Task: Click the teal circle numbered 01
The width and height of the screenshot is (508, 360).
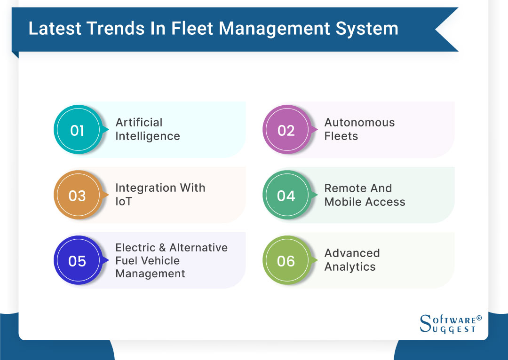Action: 77,130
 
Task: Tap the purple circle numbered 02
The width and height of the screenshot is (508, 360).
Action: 286,130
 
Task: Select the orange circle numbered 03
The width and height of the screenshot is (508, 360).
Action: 77,195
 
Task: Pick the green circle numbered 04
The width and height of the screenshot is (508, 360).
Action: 286,195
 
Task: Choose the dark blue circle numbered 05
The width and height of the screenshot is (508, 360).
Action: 77,260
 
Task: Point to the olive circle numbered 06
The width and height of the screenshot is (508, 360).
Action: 286,260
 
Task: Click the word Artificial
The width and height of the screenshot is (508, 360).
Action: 139,123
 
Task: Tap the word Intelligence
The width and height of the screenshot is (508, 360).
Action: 148,136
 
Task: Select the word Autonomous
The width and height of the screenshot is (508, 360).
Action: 359,123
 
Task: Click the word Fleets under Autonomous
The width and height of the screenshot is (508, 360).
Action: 341,136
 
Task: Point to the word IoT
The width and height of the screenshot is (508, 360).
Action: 124,202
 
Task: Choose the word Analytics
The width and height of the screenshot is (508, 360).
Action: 349,267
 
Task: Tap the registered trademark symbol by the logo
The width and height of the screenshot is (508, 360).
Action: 479,318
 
